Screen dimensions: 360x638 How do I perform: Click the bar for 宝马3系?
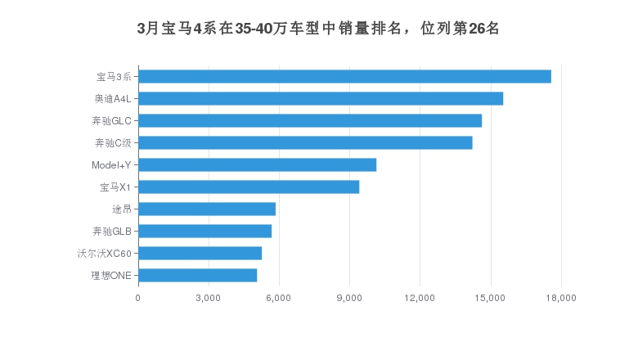tap(344, 76)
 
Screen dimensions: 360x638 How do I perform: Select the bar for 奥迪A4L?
tap(321, 98)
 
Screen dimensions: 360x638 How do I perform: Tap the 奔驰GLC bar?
tap(310, 120)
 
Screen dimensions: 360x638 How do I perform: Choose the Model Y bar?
tap(257, 164)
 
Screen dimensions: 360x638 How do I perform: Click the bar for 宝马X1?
tap(249, 187)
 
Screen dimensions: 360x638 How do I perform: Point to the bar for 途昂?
tap(207, 209)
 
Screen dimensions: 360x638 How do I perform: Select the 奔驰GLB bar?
tap(204, 231)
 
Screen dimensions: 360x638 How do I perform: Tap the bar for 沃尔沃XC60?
tap(200, 253)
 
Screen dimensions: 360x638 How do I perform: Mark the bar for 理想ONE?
tap(197, 275)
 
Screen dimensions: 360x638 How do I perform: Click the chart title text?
tap(318, 29)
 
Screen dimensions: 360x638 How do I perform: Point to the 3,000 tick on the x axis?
tap(209, 297)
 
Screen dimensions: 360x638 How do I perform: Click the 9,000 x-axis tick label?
tap(349, 297)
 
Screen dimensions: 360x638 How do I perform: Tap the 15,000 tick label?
tap(490, 297)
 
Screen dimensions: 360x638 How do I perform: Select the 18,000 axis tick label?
tap(560, 297)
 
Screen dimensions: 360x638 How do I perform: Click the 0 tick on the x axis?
tap(138, 297)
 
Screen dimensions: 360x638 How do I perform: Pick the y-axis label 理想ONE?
tap(111, 275)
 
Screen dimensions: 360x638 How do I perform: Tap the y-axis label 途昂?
tap(121, 209)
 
